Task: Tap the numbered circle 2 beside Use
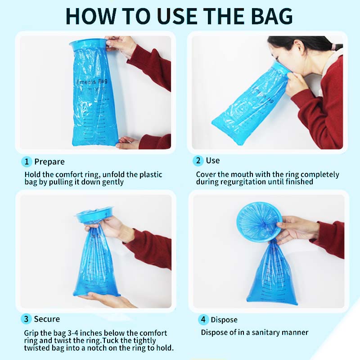coord(198,161)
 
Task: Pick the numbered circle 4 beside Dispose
coord(203,320)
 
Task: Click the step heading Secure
coord(47,319)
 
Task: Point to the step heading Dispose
coord(224,320)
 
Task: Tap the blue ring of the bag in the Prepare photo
coord(88,44)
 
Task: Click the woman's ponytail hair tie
coord(333,46)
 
